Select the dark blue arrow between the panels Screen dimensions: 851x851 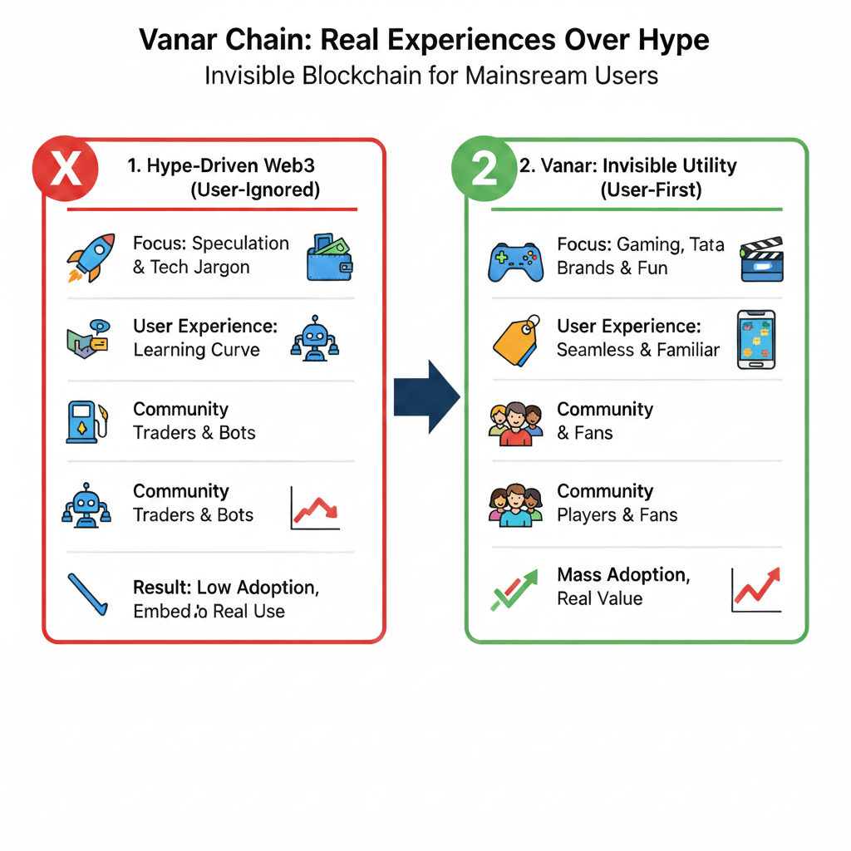click(x=426, y=396)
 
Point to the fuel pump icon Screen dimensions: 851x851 click(x=86, y=421)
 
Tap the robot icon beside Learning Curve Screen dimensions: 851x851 click(x=315, y=338)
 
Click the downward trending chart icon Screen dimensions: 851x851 click(x=316, y=508)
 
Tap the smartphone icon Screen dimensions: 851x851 click(x=755, y=339)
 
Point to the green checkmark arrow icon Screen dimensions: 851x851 click(x=514, y=588)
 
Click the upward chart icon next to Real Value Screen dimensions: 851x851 click(x=756, y=588)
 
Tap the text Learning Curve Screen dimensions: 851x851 click(x=196, y=350)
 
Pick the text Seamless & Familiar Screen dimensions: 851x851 click(x=638, y=350)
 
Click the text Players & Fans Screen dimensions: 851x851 click(x=617, y=515)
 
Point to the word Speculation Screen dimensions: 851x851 click(x=241, y=243)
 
